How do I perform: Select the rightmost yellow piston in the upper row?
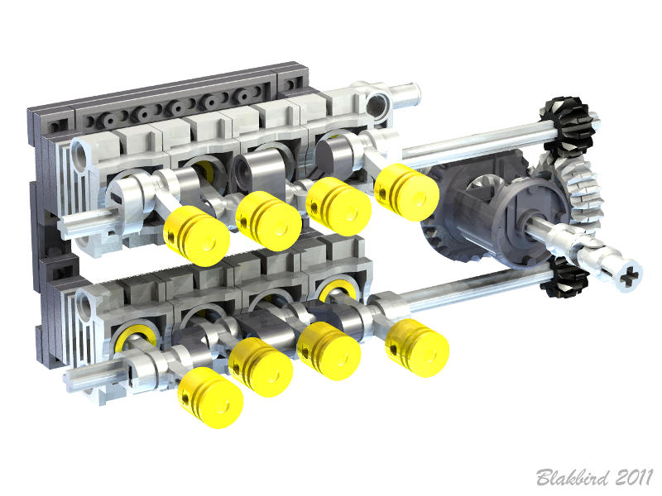pos(406,192)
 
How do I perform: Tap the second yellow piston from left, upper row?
pos(267,221)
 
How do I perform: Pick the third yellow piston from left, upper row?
pos(338,206)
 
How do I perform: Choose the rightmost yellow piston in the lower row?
pos(418,346)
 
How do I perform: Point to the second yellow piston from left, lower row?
pos(261,366)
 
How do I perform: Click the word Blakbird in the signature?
pos(571,477)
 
